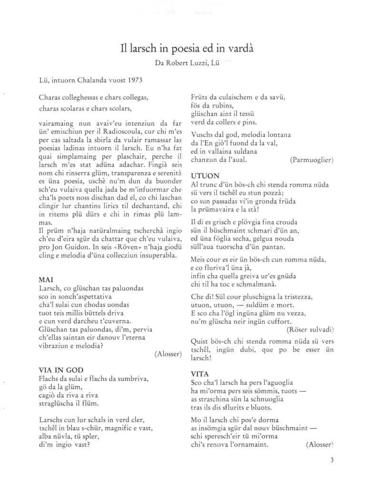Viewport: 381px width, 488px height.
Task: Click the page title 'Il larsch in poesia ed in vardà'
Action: tap(190, 48)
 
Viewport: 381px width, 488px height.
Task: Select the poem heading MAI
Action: tap(43, 282)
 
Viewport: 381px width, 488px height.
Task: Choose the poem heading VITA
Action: tap(200, 374)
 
